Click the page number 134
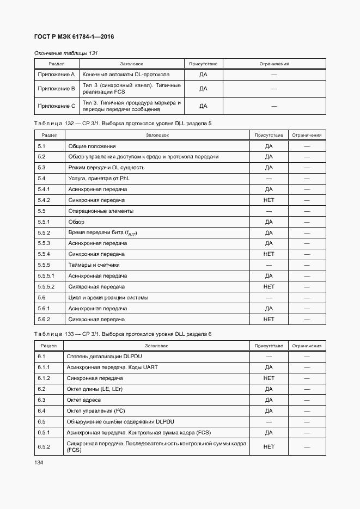[39, 462]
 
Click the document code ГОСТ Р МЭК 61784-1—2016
[74, 37]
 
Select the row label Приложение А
[56, 74]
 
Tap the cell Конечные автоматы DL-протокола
[126, 74]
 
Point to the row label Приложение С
[56, 106]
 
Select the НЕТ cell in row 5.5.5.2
[269, 286]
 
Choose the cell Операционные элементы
[101, 211]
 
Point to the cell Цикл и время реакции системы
[108, 298]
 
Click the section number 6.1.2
[44, 378]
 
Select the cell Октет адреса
[85, 400]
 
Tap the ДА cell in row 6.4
[269, 410]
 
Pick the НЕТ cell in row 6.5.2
[269, 446]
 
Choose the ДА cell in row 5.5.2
[269, 233]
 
